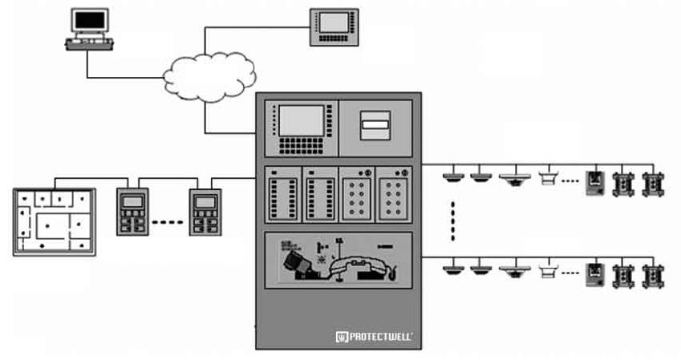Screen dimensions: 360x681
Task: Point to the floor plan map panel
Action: pyautogui.click(x=54, y=221)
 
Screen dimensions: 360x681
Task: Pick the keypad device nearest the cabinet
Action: pyautogui.click(x=205, y=212)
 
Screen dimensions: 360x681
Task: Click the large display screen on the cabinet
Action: pyautogui.click(x=301, y=121)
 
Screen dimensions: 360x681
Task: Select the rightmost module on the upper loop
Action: pyautogui.click(x=652, y=184)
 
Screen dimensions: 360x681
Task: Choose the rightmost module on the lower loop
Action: pyautogui.click(x=652, y=275)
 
